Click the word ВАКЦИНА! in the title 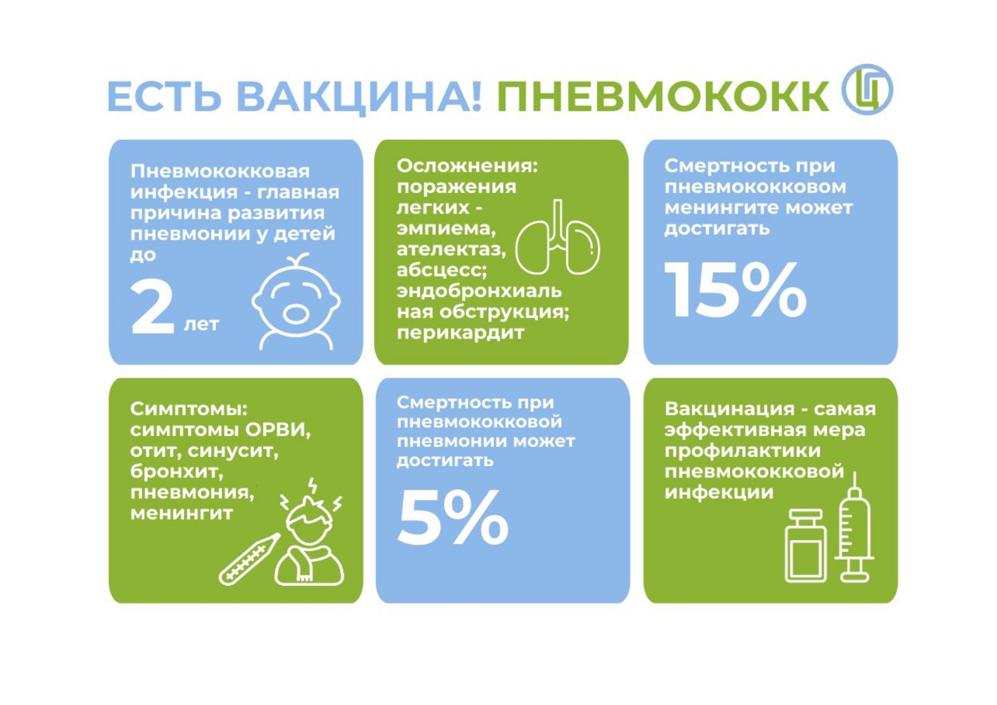(359, 97)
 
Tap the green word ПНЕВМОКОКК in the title (663, 96)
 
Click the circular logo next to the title (867, 90)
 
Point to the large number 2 (152, 307)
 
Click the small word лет (201, 324)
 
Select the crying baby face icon (296, 301)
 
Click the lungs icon (558, 237)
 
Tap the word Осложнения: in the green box (467, 166)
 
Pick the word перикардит (460, 333)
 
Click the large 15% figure (736, 290)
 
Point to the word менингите (718, 208)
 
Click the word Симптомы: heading (189, 409)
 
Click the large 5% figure (452, 518)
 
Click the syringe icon (854, 527)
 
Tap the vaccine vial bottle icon (806, 546)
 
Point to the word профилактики (742, 451)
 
